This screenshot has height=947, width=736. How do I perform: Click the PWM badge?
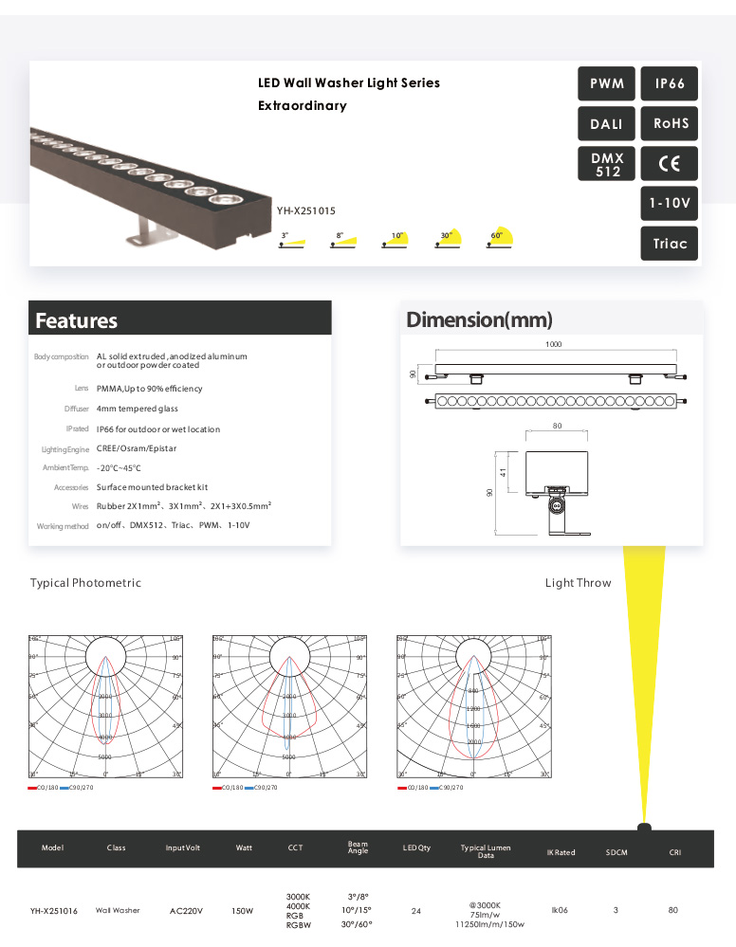(x=606, y=83)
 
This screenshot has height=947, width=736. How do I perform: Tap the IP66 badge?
(x=670, y=83)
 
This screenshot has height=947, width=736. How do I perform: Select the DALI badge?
(x=606, y=124)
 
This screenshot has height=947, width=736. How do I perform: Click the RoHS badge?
(x=670, y=123)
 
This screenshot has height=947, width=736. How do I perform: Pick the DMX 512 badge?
(x=607, y=164)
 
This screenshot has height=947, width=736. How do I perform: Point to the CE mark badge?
(x=670, y=163)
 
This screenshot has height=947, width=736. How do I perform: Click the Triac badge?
(x=670, y=243)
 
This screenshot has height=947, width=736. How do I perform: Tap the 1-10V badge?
(x=670, y=203)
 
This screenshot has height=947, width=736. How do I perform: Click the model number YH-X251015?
(x=306, y=211)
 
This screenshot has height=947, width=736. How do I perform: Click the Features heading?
(x=77, y=320)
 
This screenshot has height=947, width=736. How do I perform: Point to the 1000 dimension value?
(x=554, y=345)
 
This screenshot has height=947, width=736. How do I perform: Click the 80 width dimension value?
(x=557, y=427)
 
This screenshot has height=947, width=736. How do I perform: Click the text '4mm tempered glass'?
(x=138, y=409)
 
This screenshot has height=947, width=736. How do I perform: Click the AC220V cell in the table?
(x=183, y=911)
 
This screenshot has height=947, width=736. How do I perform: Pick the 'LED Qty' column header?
(x=416, y=847)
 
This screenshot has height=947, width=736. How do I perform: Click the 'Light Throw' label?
(x=578, y=583)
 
